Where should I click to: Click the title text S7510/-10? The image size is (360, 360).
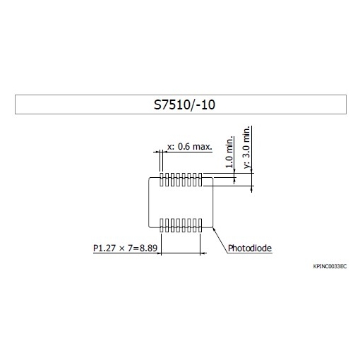tap(184, 104)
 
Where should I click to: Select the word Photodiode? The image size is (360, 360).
tap(250, 248)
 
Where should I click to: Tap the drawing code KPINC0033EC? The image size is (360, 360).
tap(330, 266)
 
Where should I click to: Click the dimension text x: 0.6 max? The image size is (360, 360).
tap(190, 147)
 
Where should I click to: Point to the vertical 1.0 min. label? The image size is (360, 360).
tap(229, 152)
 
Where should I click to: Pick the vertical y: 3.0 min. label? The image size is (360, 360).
tap(246, 147)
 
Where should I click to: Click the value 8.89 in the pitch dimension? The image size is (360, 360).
tap(148, 248)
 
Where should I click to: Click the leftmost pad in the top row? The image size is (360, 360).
tap(162, 179)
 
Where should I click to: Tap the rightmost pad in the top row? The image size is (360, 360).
tap(200, 179)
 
